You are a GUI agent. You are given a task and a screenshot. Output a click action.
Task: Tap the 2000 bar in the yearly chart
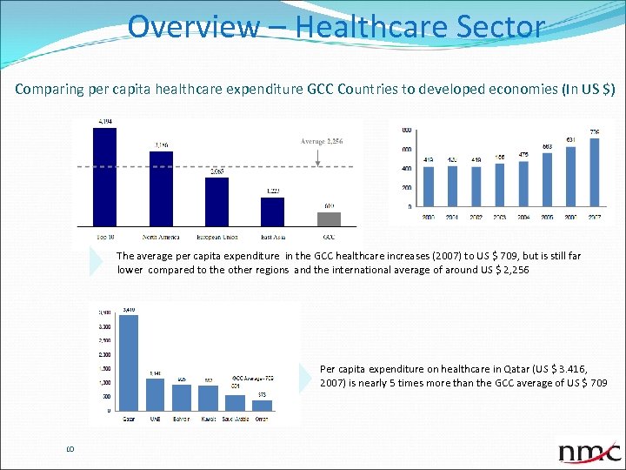tap(429, 186)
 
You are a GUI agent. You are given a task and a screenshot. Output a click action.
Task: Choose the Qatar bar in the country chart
tap(129, 362)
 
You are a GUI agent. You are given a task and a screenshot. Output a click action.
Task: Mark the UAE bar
tap(156, 393)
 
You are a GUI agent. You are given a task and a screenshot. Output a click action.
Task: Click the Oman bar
tap(262, 405)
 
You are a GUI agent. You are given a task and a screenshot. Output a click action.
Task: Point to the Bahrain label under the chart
tap(182, 420)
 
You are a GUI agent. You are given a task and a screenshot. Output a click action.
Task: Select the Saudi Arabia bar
tap(235, 402)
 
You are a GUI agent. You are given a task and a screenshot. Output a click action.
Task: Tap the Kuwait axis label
tap(209, 420)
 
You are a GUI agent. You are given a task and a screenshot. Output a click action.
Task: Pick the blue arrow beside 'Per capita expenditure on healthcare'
tap(304, 377)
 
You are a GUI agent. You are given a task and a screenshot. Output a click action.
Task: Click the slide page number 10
tap(70, 449)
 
